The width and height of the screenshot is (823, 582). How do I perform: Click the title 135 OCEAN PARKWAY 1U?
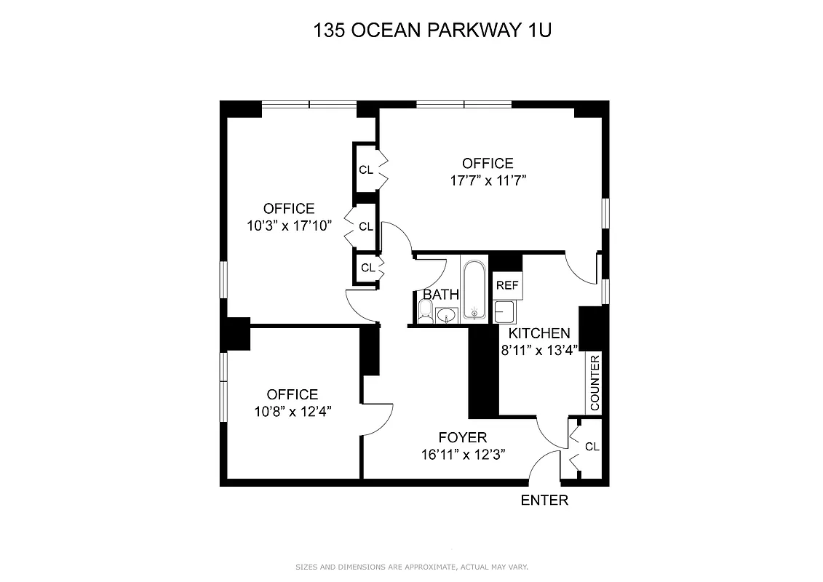pos(411,31)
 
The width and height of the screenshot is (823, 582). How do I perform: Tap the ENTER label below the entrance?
pos(544,501)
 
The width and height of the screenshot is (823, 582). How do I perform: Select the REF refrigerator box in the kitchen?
pos(506,285)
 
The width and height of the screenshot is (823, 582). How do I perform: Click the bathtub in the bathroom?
pos(474,290)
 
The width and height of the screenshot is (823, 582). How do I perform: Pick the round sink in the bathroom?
pos(446,315)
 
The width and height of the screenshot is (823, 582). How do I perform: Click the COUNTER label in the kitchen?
pos(595,383)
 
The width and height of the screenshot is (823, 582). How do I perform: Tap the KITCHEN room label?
pos(538,333)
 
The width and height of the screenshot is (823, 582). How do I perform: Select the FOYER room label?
pos(462,437)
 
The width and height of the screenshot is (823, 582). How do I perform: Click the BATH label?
pos(441,295)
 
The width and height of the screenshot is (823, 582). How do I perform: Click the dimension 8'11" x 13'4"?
pos(538,350)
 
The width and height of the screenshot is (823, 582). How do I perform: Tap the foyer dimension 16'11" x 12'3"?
pos(463,454)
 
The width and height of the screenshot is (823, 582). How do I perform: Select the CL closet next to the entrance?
pos(592,446)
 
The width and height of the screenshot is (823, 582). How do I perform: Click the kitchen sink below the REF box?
pos(504,312)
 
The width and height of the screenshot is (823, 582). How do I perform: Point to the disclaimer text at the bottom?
pos(411,567)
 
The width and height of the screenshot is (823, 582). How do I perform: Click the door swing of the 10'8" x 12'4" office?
pos(378,418)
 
